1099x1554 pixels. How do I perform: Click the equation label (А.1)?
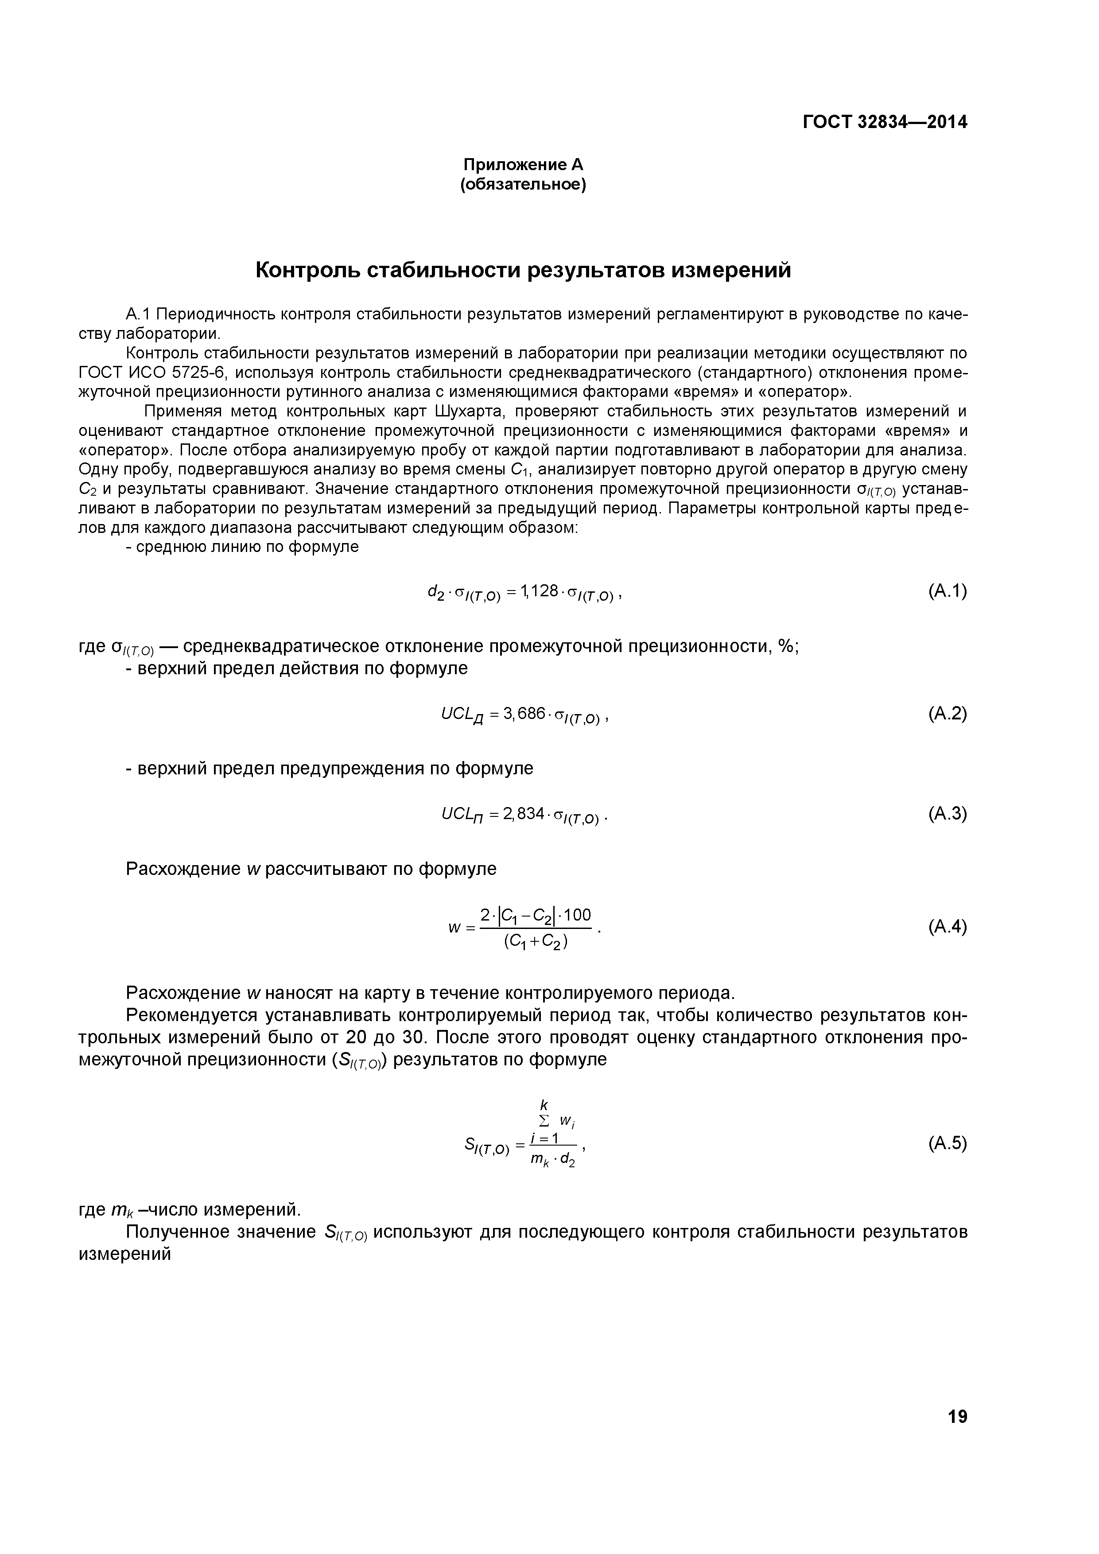[x=948, y=591]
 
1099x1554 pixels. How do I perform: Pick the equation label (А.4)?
[x=948, y=927]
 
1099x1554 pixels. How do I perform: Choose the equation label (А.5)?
[x=948, y=1143]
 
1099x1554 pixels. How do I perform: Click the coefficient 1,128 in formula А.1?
[x=540, y=591]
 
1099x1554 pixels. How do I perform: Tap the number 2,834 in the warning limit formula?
[x=524, y=813]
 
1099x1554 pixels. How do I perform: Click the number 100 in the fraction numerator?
[x=577, y=915]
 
